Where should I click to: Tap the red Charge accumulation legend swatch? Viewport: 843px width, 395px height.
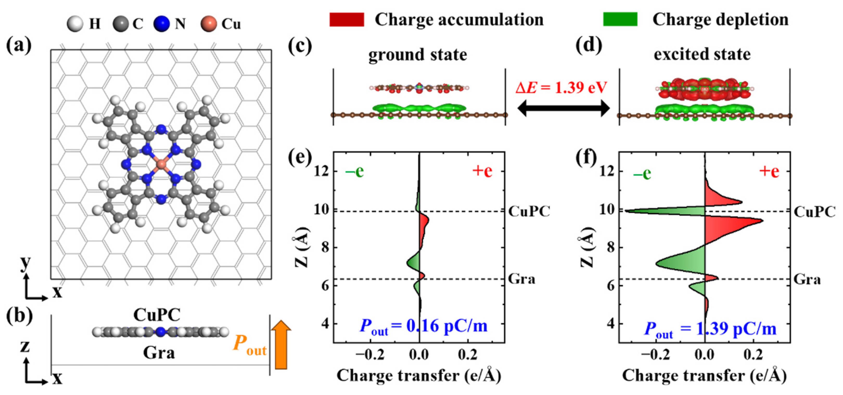pyautogui.click(x=347, y=19)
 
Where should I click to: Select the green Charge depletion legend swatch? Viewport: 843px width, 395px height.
pyautogui.click(x=620, y=19)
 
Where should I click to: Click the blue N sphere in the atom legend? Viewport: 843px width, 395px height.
pyautogui.click(x=161, y=24)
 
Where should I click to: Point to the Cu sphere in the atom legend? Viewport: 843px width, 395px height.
pyautogui.click(x=209, y=24)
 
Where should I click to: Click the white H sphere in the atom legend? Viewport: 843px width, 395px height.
pyautogui.click(x=75, y=24)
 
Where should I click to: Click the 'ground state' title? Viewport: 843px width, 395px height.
pyautogui.click(x=418, y=55)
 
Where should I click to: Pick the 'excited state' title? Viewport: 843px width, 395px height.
pyautogui.click(x=702, y=54)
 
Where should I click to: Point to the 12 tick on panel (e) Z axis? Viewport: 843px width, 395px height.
pyautogui.click(x=322, y=171)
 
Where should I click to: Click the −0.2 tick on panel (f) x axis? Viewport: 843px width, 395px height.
pyautogui.click(x=655, y=355)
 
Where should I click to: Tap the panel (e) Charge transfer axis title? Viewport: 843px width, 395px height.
pyautogui.click(x=419, y=375)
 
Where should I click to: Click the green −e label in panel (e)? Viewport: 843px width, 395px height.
pyautogui.click(x=354, y=171)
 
